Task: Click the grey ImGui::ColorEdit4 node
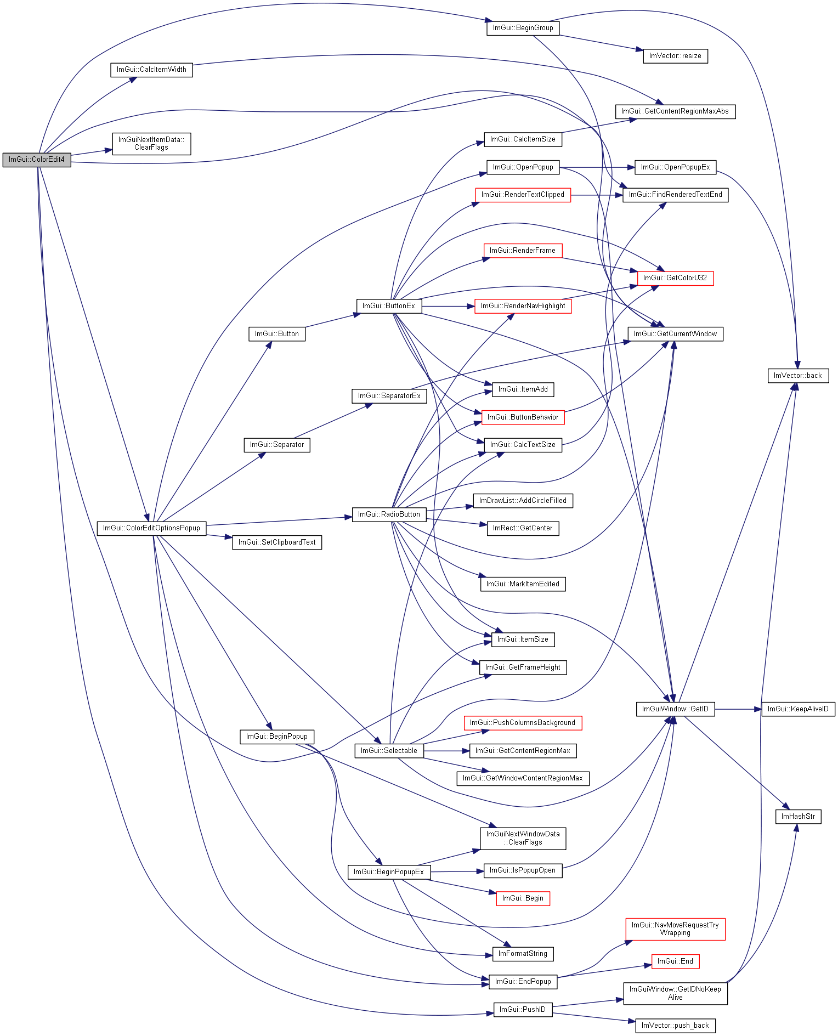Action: point(37,160)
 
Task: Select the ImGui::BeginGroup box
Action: point(523,28)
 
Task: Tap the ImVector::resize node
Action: point(675,56)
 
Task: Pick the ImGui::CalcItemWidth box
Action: point(151,70)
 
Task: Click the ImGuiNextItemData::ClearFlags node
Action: point(151,144)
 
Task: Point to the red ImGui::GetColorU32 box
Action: point(675,278)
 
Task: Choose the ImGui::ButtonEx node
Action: point(389,306)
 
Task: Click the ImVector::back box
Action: point(797,376)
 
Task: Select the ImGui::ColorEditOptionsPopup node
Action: point(151,528)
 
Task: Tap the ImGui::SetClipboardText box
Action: point(277,542)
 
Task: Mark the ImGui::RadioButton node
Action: point(389,514)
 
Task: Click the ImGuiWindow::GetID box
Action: point(675,709)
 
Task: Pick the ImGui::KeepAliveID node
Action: point(798,709)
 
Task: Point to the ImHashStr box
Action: point(798,817)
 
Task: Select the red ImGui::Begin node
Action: point(523,898)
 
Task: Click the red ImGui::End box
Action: point(675,961)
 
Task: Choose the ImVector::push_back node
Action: point(675,1026)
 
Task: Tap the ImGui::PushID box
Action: point(523,1010)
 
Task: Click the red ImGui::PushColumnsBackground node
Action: point(523,723)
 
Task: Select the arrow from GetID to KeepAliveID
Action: point(738,709)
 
